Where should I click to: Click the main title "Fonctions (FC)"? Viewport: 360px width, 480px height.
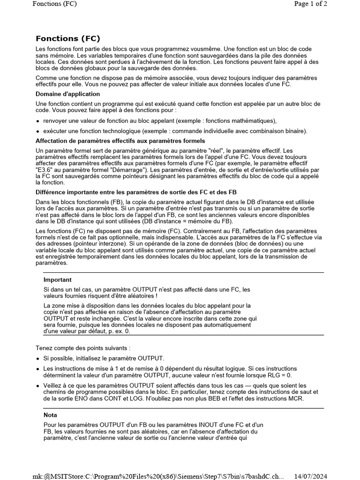(x=68, y=38)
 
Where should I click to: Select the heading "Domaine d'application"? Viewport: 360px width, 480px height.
(x=67, y=94)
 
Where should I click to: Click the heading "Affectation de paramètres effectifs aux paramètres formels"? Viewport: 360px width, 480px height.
(x=120, y=141)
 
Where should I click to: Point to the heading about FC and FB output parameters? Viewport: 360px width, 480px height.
(x=136, y=192)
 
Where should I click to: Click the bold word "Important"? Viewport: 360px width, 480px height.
(x=58, y=280)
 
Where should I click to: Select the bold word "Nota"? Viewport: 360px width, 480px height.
(x=50, y=415)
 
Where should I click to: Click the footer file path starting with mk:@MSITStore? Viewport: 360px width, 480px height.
(x=158, y=476)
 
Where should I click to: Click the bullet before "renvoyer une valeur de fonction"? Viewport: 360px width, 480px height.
(x=38, y=121)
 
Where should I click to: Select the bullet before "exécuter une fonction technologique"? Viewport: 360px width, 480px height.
(x=38, y=131)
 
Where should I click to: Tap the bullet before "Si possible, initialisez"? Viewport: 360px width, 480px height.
(x=38, y=359)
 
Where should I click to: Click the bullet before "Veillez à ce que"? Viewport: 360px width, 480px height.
(x=38, y=386)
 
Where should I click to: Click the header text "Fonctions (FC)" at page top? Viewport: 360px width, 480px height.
(x=54, y=4)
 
